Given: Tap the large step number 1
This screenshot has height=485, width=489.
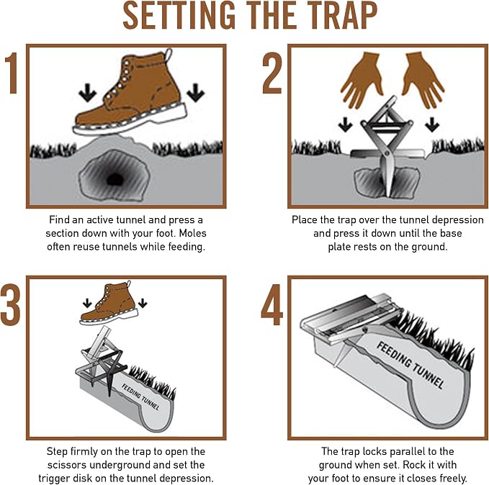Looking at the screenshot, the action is (x=12, y=73).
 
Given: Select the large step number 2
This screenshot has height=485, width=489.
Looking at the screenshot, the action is (x=272, y=73).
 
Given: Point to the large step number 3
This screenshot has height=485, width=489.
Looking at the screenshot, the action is (x=10, y=304).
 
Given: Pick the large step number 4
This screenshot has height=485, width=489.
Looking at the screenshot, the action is (x=272, y=304).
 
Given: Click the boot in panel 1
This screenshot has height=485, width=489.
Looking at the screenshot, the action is (x=130, y=92).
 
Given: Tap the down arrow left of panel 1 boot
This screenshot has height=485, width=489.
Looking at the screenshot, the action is (x=88, y=92).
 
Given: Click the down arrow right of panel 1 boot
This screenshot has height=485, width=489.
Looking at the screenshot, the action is (x=196, y=92).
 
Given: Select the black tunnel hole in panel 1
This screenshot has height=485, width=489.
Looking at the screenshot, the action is (x=115, y=179).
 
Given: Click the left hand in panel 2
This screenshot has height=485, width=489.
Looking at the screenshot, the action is (x=362, y=79).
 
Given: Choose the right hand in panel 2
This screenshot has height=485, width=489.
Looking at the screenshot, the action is (x=423, y=79).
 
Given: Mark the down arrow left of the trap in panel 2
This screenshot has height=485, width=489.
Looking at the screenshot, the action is (x=345, y=124).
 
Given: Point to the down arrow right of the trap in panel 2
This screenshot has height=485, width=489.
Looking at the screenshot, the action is (x=432, y=124).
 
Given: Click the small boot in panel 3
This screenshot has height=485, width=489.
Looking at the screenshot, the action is (x=109, y=303).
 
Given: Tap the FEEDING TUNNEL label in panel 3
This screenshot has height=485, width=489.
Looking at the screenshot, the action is (x=140, y=396).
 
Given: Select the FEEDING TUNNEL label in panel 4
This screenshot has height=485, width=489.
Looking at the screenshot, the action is (x=410, y=365).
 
